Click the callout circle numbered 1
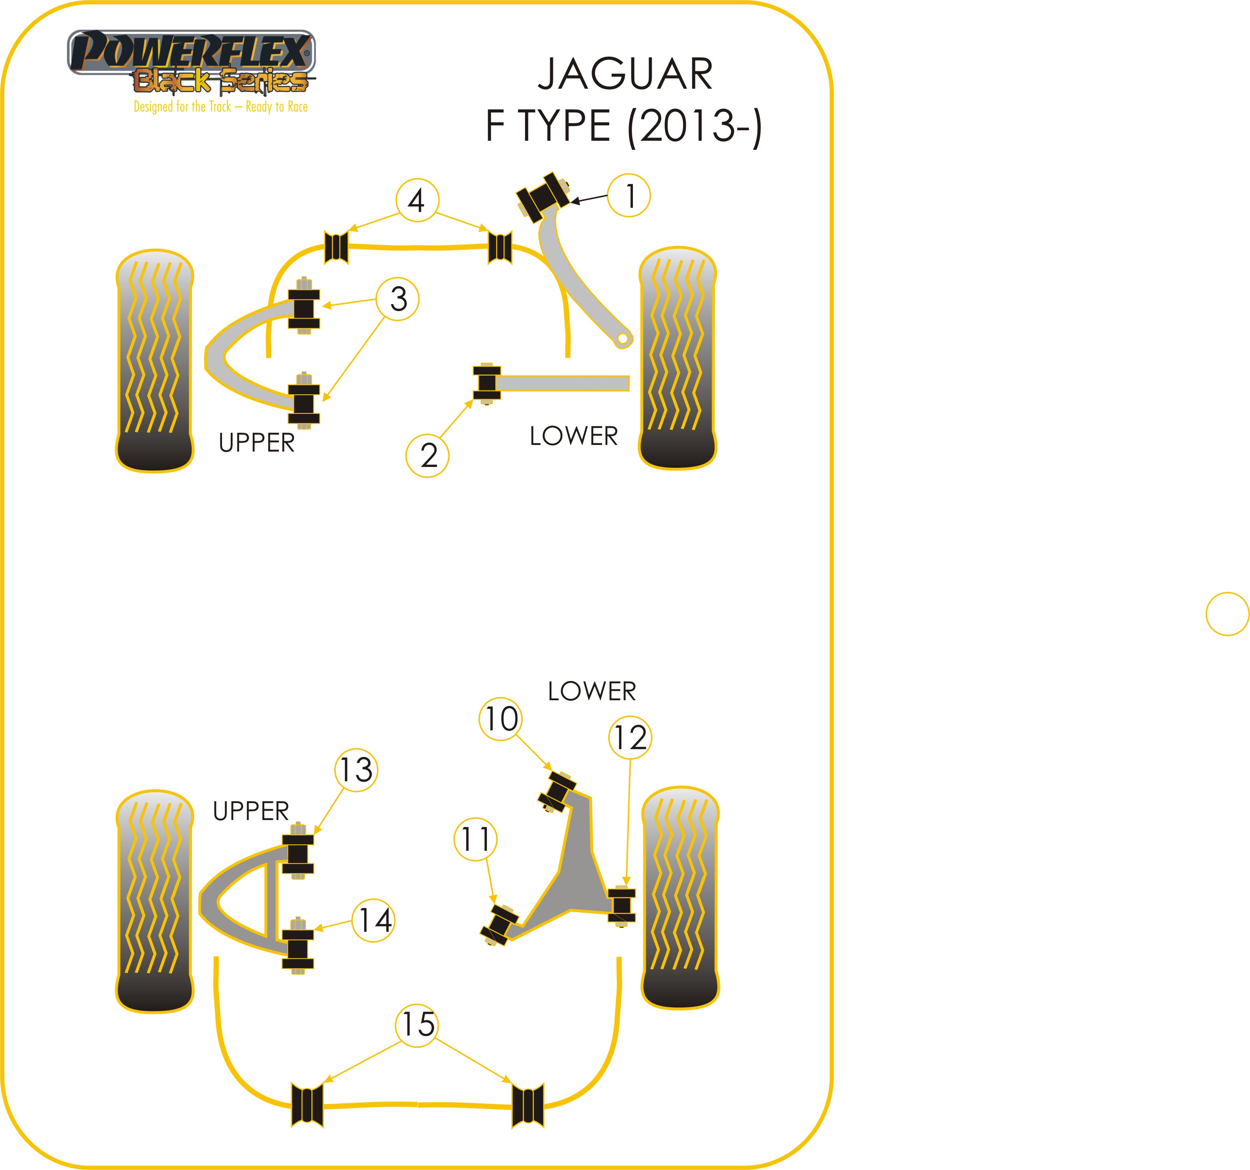(628, 196)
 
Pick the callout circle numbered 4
(417, 201)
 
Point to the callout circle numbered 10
(501, 719)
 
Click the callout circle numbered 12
(630, 737)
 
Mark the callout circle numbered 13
(356, 770)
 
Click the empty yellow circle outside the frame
(1227, 614)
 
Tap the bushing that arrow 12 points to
(621, 906)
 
